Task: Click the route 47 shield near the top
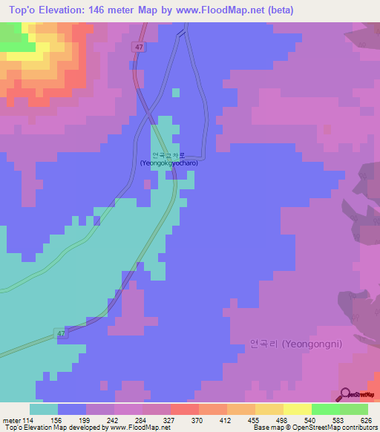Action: click(x=139, y=47)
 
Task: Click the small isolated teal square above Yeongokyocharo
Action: click(x=176, y=93)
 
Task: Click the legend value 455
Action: click(x=239, y=419)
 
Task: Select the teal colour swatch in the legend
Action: click(x=44, y=409)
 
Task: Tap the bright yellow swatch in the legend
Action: click(x=297, y=409)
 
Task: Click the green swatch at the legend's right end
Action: click(x=353, y=409)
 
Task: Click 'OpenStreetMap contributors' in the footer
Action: click(x=338, y=428)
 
